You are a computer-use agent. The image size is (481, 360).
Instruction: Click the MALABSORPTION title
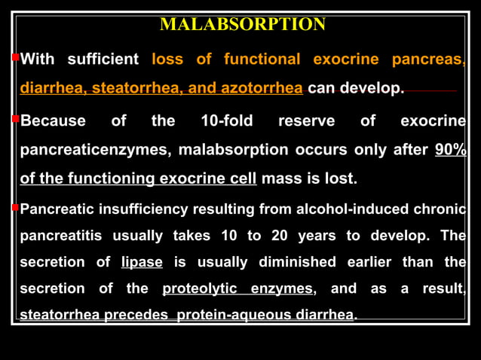click(243, 25)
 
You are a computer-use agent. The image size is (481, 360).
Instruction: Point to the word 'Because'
click(53, 121)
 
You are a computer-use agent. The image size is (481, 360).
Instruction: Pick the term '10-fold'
click(227, 121)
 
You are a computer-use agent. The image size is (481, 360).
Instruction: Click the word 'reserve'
click(306, 121)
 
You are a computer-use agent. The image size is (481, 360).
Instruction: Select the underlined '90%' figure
click(451, 150)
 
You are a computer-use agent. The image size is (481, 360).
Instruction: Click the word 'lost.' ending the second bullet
click(341, 179)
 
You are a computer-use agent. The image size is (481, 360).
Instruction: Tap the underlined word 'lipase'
click(142, 262)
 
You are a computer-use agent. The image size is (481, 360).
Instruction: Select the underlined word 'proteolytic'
click(200, 288)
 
